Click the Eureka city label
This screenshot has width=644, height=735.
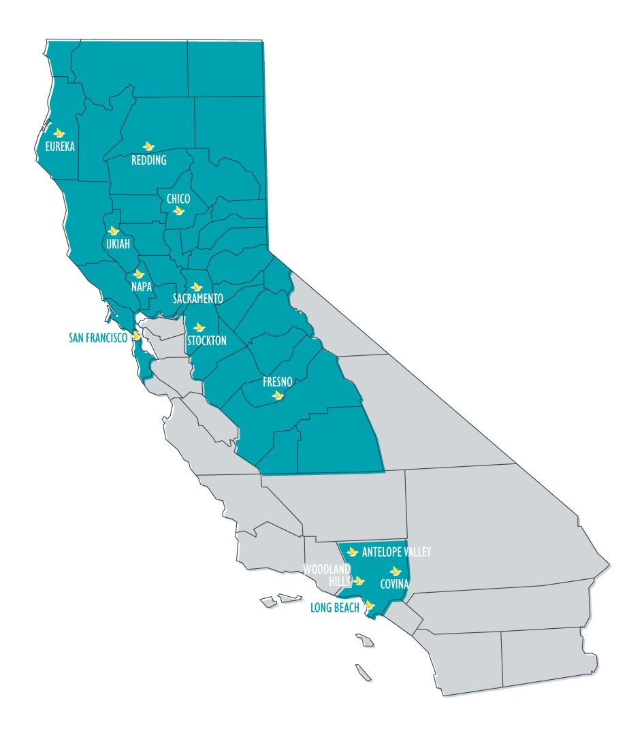click(x=60, y=146)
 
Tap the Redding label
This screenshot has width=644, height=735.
click(x=149, y=161)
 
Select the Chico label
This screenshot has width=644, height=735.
click(x=178, y=199)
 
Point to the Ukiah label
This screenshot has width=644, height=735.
click(x=118, y=244)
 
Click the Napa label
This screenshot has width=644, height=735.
click(x=142, y=287)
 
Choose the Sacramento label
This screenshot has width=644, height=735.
click(x=198, y=299)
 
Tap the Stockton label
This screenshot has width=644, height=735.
click(x=206, y=340)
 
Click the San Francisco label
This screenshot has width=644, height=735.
click(x=98, y=338)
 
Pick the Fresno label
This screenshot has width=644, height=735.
click(x=278, y=382)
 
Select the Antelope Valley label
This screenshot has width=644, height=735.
click(x=396, y=552)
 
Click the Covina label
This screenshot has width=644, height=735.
click(x=395, y=584)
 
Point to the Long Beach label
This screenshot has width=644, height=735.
click(x=334, y=608)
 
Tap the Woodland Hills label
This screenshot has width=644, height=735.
click(x=327, y=575)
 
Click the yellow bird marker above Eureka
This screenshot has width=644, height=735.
click(x=59, y=133)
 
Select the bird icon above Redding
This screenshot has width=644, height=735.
click(x=148, y=146)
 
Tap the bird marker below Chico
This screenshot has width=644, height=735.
click(x=179, y=211)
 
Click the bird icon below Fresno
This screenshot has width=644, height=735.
click(x=278, y=395)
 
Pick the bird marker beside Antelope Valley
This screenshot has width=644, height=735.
click(x=352, y=552)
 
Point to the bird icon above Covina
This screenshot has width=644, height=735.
click(x=395, y=571)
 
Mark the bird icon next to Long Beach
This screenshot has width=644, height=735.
click(x=369, y=604)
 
